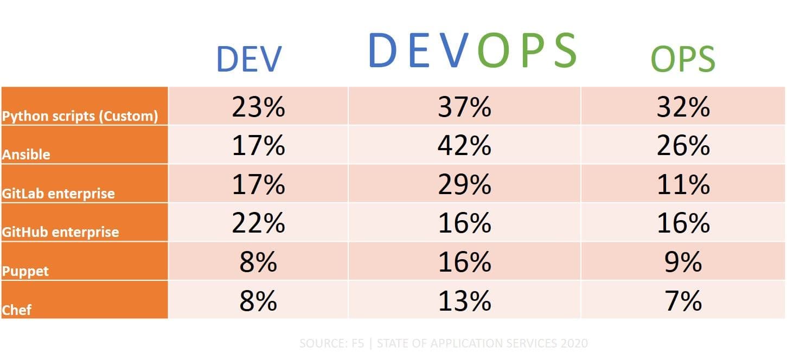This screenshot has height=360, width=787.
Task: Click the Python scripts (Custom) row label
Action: (x=80, y=116)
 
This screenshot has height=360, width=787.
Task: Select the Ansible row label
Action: (x=26, y=155)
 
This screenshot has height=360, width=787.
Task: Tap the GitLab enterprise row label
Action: (x=59, y=194)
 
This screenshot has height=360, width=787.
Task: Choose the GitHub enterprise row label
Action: (x=60, y=232)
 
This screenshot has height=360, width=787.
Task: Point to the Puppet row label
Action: (x=25, y=271)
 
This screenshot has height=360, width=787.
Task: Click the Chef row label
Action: (x=17, y=310)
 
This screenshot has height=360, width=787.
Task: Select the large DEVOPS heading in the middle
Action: (x=472, y=50)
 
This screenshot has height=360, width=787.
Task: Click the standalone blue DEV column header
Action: (x=249, y=59)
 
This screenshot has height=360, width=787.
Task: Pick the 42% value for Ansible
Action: (x=464, y=145)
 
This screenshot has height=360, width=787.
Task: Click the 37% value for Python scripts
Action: (x=464, y=107)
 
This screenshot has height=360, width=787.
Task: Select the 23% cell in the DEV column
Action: (x=258, y=107)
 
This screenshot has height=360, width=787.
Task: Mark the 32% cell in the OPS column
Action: (x=683, y=107)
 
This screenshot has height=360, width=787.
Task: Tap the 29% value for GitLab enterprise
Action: (x=464, y=184)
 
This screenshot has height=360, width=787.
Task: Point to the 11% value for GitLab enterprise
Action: (x=683, y=184)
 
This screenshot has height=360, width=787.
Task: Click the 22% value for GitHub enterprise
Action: (x=258, y=223)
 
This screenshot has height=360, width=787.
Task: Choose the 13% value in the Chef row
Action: (x=464, y=300)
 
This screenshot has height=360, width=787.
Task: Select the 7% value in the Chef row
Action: (x=683, y=300)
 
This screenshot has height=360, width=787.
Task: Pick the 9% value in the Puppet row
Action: (x=683, y=262)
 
